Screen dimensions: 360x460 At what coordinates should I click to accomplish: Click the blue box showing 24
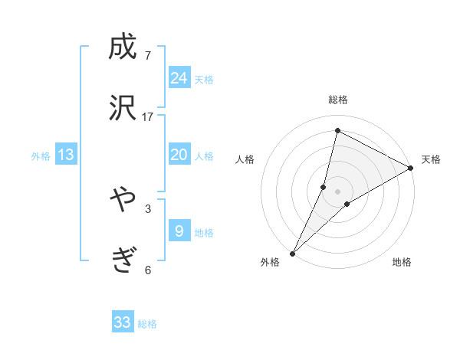click(179, 78)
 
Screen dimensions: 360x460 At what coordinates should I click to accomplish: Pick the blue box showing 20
click(179, 155)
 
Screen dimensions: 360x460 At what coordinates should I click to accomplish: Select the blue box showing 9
click(179, 230)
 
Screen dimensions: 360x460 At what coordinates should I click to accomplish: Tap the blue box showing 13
click(66, 155)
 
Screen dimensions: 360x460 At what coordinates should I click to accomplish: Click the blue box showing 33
click(123, 322)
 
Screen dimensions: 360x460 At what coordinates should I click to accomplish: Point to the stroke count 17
click(148, 117)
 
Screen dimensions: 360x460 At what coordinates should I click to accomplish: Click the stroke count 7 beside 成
click(148, 56)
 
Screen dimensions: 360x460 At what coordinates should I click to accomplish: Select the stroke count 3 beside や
click(148, 208)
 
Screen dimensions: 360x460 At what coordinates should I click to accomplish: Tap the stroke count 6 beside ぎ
click(148, 270)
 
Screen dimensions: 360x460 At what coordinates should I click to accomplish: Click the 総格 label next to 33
click(147, 324)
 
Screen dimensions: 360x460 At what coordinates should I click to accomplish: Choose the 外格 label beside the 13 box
click(41, 156)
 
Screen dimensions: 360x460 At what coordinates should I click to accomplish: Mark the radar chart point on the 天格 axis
click(411, 169)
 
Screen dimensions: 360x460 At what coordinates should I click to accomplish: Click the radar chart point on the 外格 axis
click(293, 253)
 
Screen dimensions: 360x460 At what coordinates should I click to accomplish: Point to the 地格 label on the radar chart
click(402, 263)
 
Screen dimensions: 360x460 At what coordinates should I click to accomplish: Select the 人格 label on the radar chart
click(245, 159)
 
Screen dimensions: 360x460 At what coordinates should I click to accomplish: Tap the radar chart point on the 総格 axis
click(337, 129)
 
